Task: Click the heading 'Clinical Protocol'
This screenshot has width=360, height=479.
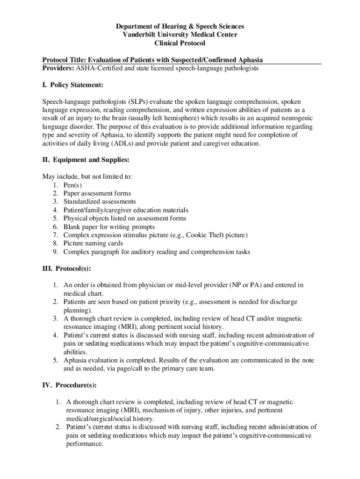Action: click(180, 44)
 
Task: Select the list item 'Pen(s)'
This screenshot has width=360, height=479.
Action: click(72, 185)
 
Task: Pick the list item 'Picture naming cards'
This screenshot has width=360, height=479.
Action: click(93, 243)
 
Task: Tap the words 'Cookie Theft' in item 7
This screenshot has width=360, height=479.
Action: click(209, 235)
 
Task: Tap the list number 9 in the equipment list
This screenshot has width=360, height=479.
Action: click(55, 252)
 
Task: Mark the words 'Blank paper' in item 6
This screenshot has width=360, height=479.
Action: click(80, 227)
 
